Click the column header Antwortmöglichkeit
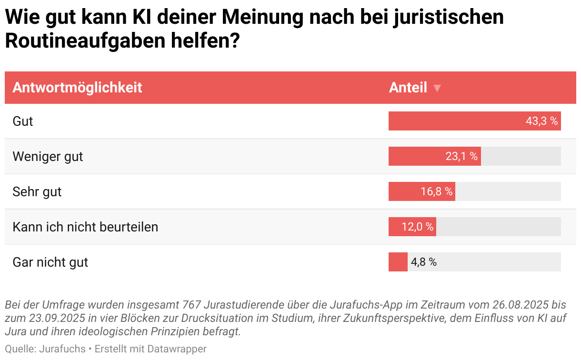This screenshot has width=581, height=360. [x=77, y=88]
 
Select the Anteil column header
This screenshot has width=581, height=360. [x=408, y=88]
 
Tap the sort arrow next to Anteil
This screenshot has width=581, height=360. [x=437, y=88]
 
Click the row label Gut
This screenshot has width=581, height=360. [x=23, y=121]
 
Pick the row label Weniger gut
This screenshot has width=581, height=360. [x=48, y=156]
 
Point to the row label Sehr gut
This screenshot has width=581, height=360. [x=37, y=191]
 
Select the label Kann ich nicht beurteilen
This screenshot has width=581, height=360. [x=85, y=227]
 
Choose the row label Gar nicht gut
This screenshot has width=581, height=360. [x=50, y=262]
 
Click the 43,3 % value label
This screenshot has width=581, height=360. [x=541, y=121]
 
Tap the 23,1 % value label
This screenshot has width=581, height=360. [x=461, y=156]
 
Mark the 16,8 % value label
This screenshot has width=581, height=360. [x=436, y=191]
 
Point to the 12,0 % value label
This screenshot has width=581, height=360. [x=417, y=227]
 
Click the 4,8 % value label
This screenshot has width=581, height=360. [x=423, y=262]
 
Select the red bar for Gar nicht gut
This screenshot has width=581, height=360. [x=398, y=262]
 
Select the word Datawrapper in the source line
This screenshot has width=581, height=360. [x=177, y=349]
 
